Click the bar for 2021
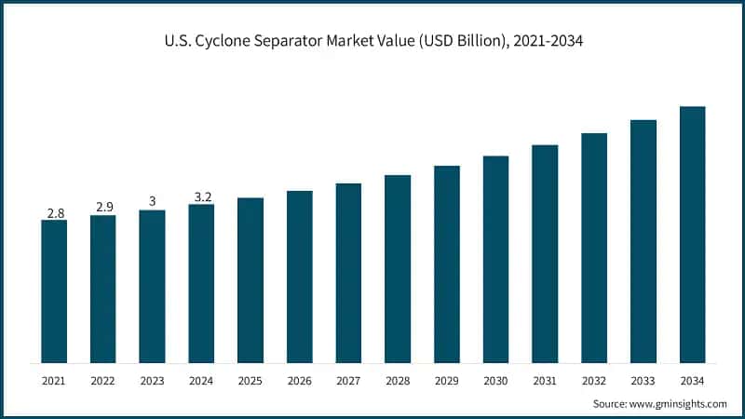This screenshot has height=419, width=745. pyautogui.click(x=54, y=291)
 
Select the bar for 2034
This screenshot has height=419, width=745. pyautogui.click(x=692, y=235)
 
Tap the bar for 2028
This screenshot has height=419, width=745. pyautogui.click(x=398, y=269)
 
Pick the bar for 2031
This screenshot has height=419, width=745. pyautogui.click(x=545, y=254)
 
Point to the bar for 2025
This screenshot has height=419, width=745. pyautogui.click(x=251, y=280)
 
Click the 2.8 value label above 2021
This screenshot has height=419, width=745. pyautogui.click(x=54, y=213)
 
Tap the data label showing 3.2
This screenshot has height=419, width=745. pyautogui.click(x=201, y=196)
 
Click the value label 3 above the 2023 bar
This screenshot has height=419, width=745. pyautogui.click(x=152, y=202)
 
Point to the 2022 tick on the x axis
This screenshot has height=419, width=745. pyautogui.click(x=102, y=380)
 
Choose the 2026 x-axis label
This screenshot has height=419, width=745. pyautogui.click(x=299, y=380)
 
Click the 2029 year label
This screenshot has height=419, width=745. pyautogui.click(x=447, y=380)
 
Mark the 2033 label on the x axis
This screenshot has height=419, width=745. pyautogui.click(x=643, y=380)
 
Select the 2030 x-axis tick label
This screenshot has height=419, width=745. pyautogui.click(x=495, y=380)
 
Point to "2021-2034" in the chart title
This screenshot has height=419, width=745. pyautogui.click(x=549, y=42)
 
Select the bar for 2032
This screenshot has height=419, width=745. pyautogui.click(x=594, y=248)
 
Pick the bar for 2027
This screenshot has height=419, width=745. pyautogui.click(x=348, y=273)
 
